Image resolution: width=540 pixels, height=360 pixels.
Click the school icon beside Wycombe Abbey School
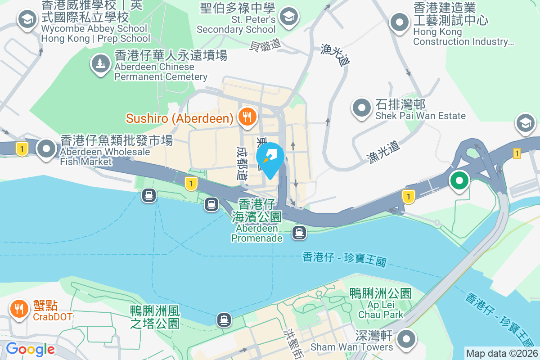click(x=27, y=19)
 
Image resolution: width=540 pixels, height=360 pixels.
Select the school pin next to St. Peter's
click(x=287, y=18)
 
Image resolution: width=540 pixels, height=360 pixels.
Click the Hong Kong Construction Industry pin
click(x=399, y=22)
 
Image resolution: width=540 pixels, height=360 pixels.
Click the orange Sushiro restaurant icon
click(x=247, y=117)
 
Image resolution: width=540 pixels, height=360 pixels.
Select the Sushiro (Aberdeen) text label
click(x=180, y=118)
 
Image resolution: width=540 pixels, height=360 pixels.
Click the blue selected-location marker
click(x=270, y=157)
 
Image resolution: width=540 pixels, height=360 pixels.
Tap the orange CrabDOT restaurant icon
click(x=18, y=309)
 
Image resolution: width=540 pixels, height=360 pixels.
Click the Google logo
click(x=30, y=349)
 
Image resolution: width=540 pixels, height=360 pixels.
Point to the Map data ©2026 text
click(x=502, y=354)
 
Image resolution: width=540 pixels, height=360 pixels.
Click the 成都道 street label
click(x=243, y=163)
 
